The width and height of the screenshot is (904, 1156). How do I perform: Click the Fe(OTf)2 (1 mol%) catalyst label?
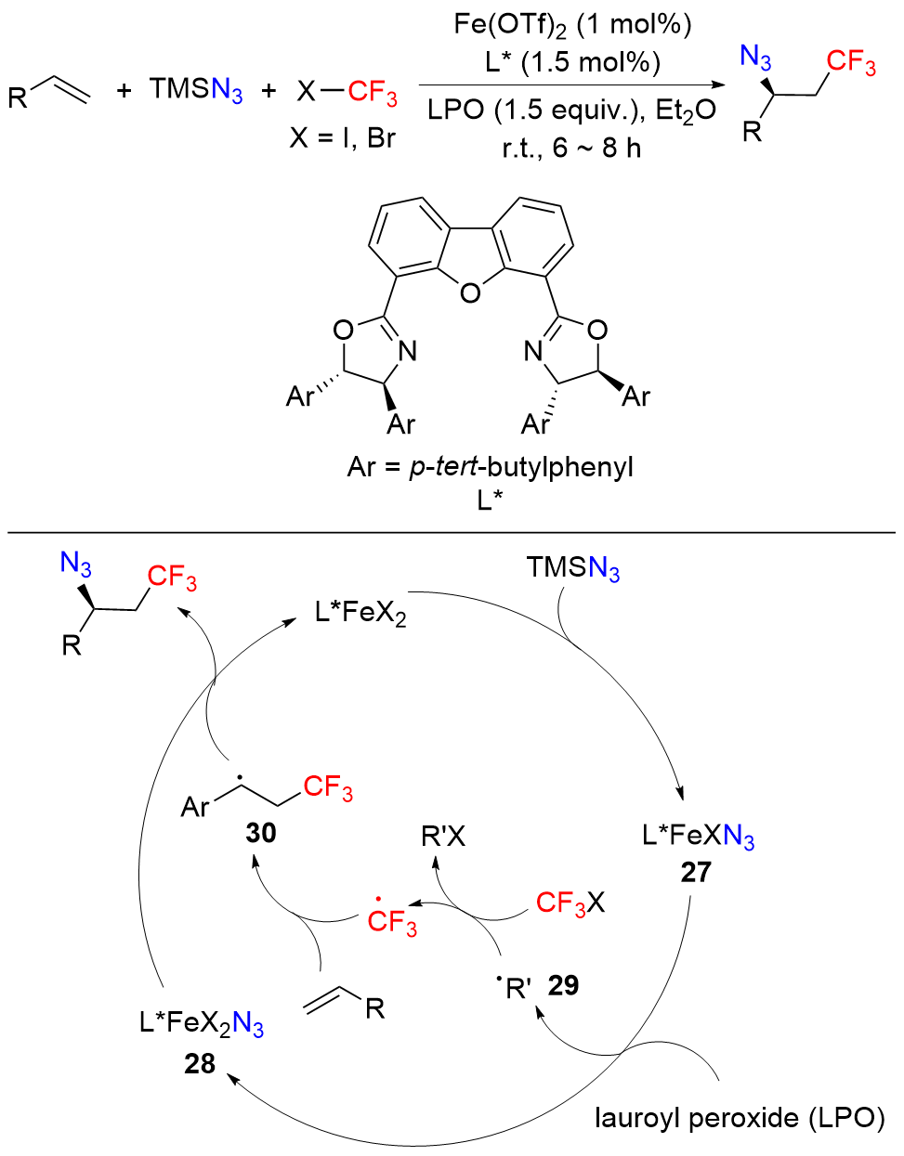pyautogui.click(x=572, y=24)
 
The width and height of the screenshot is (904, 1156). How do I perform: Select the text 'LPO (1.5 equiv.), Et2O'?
pyautogui.click(x=571, y=110)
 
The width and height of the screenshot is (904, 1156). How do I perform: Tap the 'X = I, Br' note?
pyautogui.click(x=342, y=137)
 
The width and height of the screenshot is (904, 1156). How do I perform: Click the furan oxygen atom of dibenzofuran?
pyautogui.click(x=470, y=294)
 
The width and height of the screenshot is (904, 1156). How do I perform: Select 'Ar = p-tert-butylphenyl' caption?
pyautogui.click(x=490, y=466)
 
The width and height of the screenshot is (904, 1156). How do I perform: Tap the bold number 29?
pyautogui.click(x=563, y=985)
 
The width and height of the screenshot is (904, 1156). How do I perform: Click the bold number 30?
pyautogui.click(x=261, y=833)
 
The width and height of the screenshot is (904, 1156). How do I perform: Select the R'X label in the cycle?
pyautogui.click(x=443, y=838)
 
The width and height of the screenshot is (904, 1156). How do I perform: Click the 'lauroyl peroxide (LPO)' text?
pyautogui.click(x=740, y=1118)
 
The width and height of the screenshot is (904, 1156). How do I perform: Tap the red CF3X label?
pyautogui.click(x=570, y=902)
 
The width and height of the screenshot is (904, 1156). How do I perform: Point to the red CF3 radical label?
pyautogui.click(x=391, y=919)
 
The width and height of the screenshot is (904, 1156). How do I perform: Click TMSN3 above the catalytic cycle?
pyautogui.click(x=572, y=567)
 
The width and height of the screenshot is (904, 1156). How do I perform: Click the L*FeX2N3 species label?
pyautogui.click(x=202, y=1023)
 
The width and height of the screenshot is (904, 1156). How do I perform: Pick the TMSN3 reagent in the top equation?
pyautogui.click(x=196, y=90)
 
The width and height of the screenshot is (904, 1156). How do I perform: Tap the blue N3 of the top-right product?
pyautogui.click(x=755, y=58)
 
